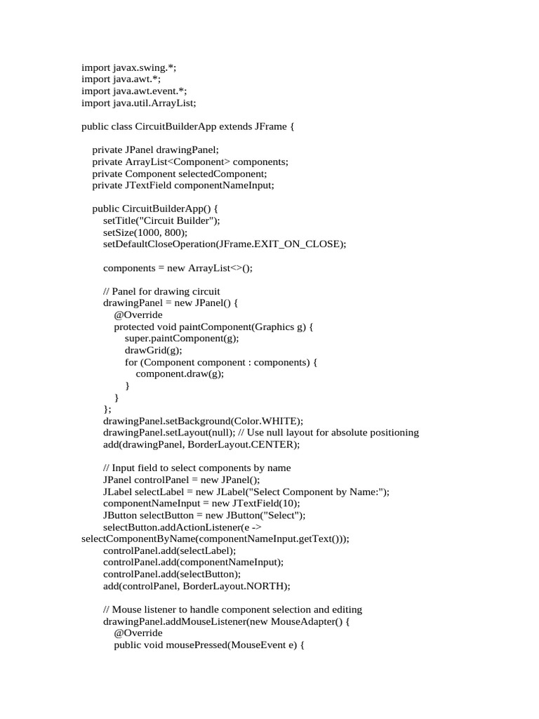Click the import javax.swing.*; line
coord(129,67)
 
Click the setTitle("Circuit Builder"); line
coord(161,220)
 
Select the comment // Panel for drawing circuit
coord(161,291)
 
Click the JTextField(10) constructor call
coord(257,504)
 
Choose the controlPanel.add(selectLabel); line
coord(170,551)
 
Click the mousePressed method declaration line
coord(208,645)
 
